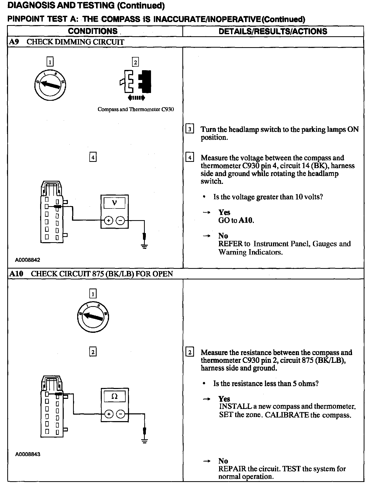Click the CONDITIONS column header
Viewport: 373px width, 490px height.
tap(93, 31)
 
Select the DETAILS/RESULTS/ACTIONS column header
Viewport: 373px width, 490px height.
tap(273, 31)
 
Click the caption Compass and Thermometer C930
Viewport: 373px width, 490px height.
tap(135, 109)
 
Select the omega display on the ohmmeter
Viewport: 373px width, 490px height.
tap(114, 396)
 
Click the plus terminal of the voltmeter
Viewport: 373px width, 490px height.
tap(109, 221)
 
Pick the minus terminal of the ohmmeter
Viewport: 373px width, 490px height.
tap(120, 414)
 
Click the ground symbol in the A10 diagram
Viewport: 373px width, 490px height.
tap(145, 440)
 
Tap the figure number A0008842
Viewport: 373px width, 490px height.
tap(27, 260)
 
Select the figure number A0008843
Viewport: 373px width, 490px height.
tap(27, 454)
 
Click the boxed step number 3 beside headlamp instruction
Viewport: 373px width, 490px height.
tap(190, 129)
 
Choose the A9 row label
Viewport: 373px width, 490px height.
tap(14, 42)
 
